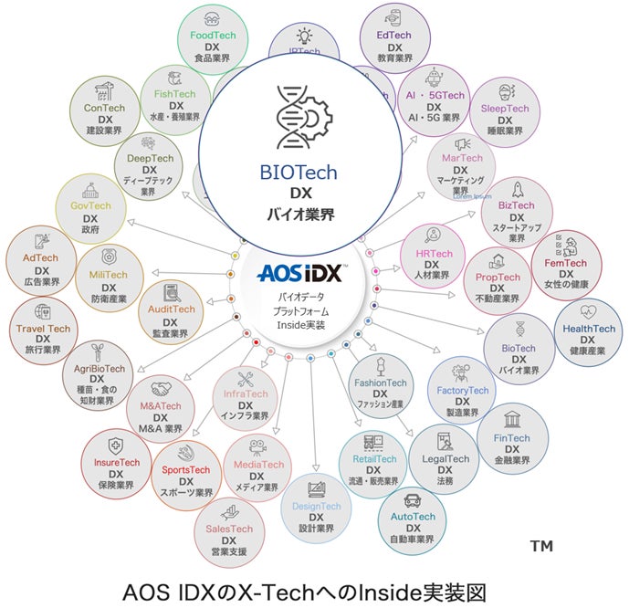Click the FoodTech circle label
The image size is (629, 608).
click(x=214, y=35)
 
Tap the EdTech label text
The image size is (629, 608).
click(x=394, y=35)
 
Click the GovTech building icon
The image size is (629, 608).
click(x=89, y=192)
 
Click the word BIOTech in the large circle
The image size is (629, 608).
click(x=298, y=173)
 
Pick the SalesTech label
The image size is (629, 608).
click(x=229, y=529)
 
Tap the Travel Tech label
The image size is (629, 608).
click(x=43, y=328)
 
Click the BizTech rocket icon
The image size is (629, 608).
click(x=517, y=190)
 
